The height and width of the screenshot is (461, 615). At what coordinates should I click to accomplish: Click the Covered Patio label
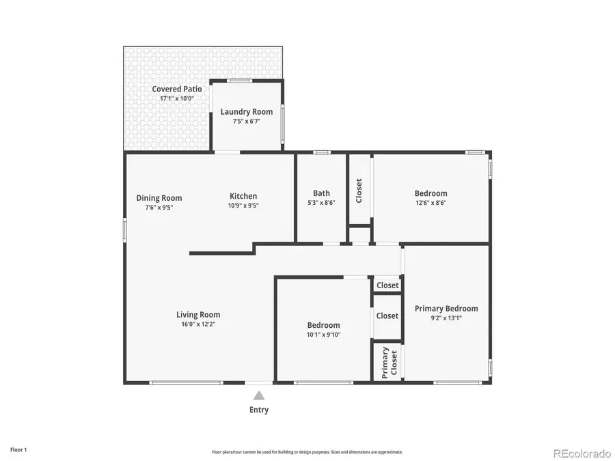click(x=167, y=89)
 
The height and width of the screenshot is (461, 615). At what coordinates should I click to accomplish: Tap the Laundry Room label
click(x=247, y=112)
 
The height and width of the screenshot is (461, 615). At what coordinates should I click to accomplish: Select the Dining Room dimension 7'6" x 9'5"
click(x=159, y=207)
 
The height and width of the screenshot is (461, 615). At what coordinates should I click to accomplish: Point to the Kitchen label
click(x=243, y=196)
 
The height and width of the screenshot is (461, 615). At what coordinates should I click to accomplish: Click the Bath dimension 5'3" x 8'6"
click(x=321, y=202)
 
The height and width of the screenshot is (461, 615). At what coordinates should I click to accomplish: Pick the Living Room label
click(x=198, y=315)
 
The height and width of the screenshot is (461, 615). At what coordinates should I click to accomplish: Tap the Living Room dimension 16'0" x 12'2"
click(x=198, y=324)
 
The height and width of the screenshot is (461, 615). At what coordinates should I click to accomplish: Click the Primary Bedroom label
click(x=446, y=309)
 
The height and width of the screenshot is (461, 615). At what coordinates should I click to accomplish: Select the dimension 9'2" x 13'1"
click(x=446, y=318)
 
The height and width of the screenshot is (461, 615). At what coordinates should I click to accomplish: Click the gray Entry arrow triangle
click(x=259, y=395)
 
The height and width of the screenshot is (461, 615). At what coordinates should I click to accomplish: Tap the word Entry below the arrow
click(x=259, y=410)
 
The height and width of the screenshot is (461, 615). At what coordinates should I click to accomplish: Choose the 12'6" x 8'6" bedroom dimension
click(x=430, y=202)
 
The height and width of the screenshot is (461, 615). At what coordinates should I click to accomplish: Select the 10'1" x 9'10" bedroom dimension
click(x=323, y=334)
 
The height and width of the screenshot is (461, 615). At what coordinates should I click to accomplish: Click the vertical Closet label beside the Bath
click(x=359, y=191)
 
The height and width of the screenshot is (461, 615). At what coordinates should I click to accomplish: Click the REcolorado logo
click(x=582, y=452)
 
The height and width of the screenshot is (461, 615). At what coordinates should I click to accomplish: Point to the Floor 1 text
click(x=18, y=450)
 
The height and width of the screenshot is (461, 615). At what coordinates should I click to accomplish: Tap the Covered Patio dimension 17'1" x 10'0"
click(x=167, y=98)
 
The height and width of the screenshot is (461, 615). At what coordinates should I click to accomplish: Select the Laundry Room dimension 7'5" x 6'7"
click(x=247, y=122)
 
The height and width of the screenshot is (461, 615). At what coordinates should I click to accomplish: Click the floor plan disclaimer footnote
click(x=307, y=452)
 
